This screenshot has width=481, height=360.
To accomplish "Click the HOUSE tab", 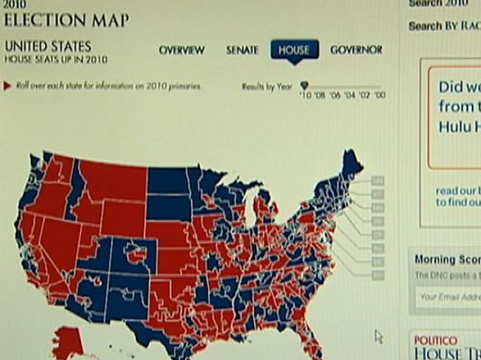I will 294,49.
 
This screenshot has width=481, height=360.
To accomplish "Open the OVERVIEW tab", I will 182,50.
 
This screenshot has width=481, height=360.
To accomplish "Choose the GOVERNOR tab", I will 358,49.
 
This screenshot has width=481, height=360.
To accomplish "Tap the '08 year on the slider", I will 320,94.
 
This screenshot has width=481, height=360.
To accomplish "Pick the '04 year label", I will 350,94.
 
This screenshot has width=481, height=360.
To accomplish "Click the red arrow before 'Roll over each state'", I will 7,86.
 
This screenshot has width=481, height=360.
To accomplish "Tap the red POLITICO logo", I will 434,339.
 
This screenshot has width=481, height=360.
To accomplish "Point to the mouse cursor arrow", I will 378,336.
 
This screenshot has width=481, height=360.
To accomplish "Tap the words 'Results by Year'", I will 265,86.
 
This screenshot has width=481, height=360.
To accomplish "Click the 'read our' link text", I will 458,191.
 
